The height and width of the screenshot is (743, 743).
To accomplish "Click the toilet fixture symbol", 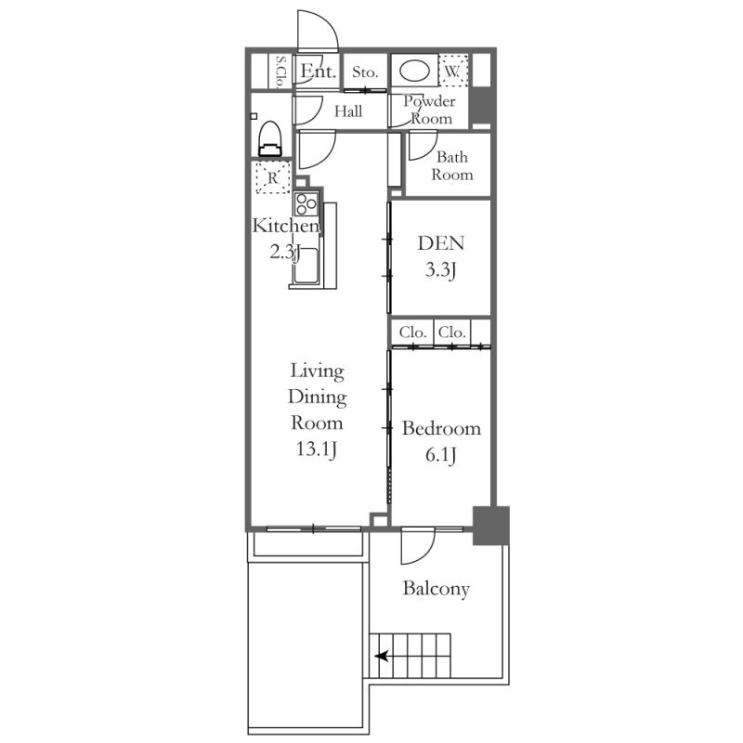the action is [x=270, y=138].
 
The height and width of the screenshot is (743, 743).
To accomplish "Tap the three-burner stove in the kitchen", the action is [x=306, y=203].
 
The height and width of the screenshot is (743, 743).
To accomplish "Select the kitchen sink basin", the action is [x=306, y=266].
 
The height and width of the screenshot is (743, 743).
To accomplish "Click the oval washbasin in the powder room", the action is [x=414, y=72].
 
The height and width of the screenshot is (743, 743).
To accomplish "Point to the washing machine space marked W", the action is [x=453, y=72].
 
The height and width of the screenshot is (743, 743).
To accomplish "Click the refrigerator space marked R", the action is [x=272, y=177].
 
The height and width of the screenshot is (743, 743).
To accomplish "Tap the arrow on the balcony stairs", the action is [x=382, y=657].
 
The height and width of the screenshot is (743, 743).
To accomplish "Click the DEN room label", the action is [x=440, y=243].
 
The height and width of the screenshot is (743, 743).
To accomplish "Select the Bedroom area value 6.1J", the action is [x=440, y=455].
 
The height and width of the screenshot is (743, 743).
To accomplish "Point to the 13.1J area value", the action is [x=317, y=449].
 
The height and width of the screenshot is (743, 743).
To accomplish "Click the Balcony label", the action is [x=436, y=589].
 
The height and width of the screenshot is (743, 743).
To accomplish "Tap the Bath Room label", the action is [x=452, y=166].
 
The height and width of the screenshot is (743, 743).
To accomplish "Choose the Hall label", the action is [x=348, y=111].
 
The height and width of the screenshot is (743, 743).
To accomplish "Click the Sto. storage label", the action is [x=365, y=72].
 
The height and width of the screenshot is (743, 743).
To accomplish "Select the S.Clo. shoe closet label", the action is [x=281, y=72].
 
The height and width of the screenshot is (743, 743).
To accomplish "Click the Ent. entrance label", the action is [x=319, y=72].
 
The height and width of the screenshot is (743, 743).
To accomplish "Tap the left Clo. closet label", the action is [x=412, y=332].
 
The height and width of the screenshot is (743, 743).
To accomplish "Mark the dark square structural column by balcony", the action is [x=491, y=526].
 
